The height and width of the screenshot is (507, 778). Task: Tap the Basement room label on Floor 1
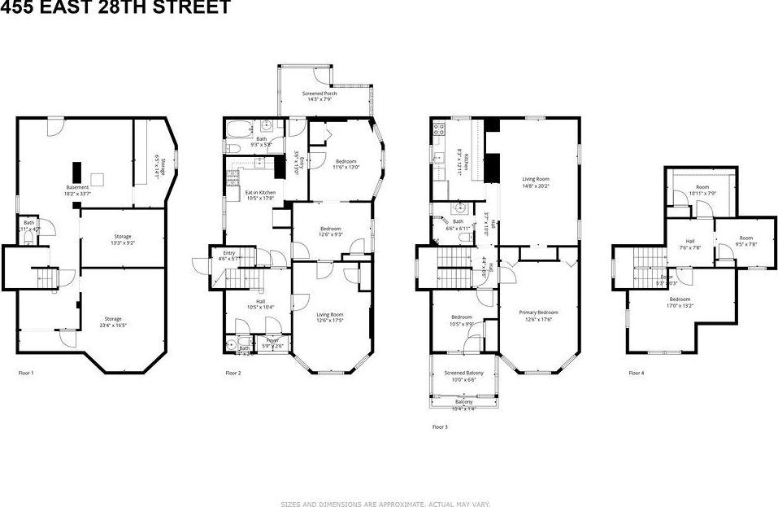pos(78,190)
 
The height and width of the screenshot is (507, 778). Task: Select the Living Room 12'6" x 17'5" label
pos(330,317)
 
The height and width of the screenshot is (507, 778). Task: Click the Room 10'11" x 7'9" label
pos(702,190)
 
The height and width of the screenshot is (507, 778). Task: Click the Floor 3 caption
pos(439,425)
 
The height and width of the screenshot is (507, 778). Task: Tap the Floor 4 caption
pos(637,373)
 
